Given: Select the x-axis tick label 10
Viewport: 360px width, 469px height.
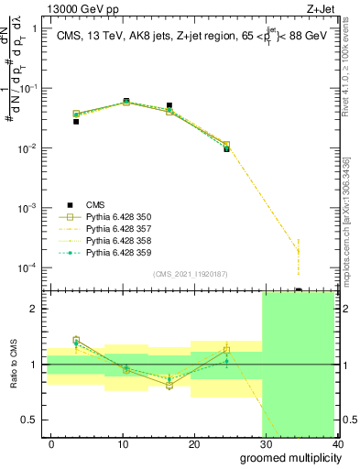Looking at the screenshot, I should click(x=123, y=444).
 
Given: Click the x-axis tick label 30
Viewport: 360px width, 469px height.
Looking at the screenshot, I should click(x=267, y=444).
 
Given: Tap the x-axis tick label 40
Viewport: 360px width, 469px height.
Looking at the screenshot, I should click(x=337, y=444).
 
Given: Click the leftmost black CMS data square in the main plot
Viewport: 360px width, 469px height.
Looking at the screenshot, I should click(x=76, y=121).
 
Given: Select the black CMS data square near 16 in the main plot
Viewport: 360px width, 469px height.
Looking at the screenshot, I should click(x=169, y=106).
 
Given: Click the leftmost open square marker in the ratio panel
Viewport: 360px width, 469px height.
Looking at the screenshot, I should click(x=76, y=340).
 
